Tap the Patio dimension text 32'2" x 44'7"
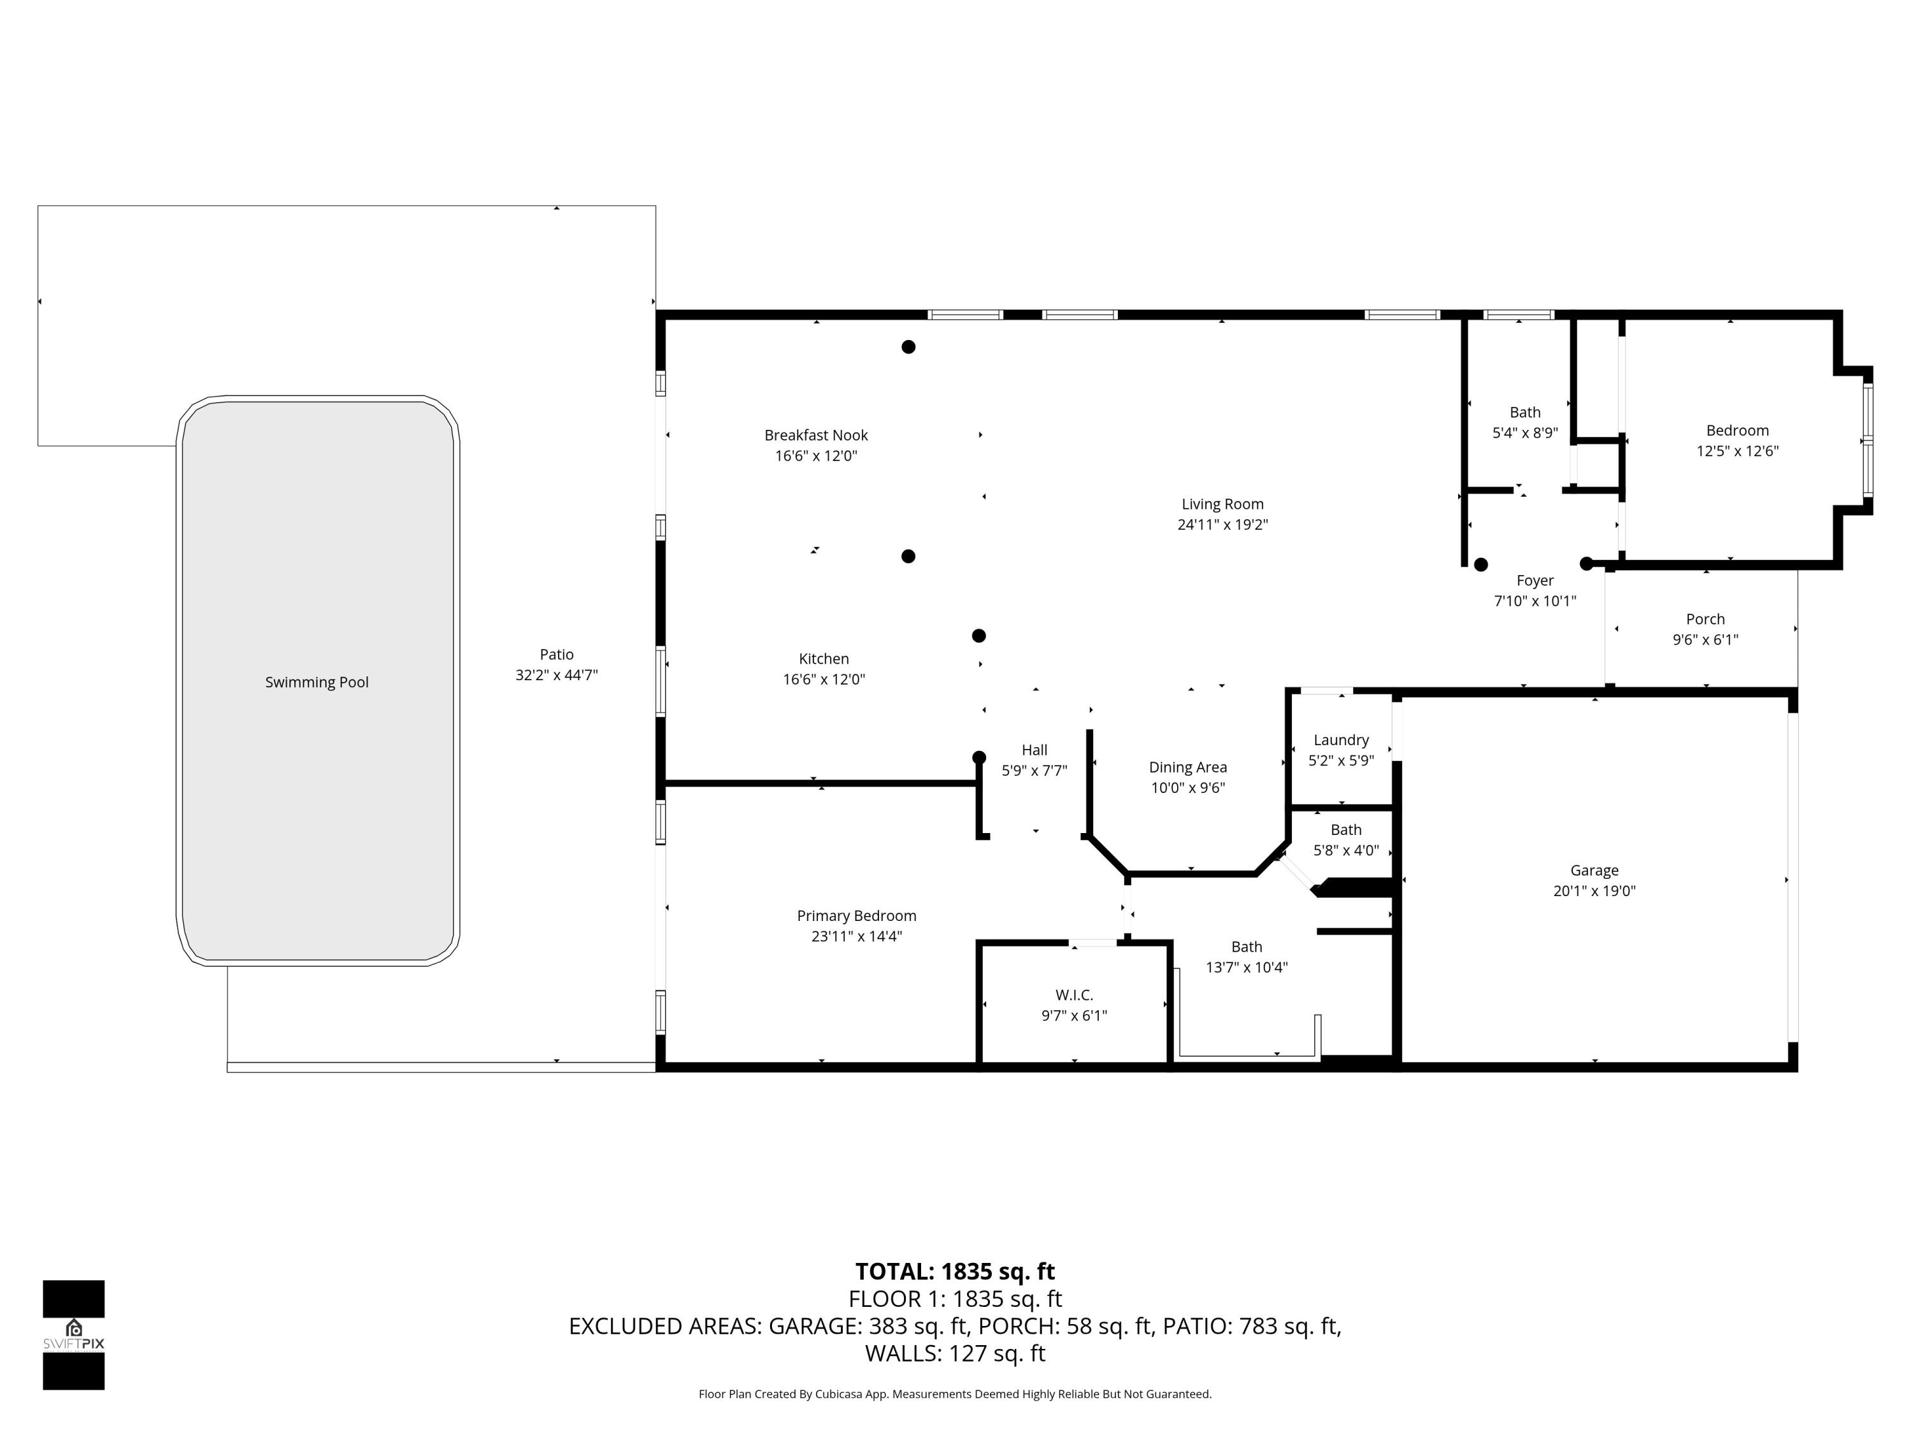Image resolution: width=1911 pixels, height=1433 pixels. pos(556,676)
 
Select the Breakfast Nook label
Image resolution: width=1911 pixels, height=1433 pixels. pos(815,436)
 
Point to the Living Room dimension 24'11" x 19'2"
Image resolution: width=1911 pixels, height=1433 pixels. pos(1222,524)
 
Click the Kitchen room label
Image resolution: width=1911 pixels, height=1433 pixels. pos(823,659)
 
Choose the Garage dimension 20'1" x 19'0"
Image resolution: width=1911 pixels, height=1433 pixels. pos(1594,892)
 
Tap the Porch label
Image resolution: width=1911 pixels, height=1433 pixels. pos(1705,619)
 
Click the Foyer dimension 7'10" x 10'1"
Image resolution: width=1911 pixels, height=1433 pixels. pos(1535,601)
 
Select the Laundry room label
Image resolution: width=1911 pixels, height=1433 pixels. pos(1341,740)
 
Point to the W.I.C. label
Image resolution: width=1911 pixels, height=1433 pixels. pos(1074,995)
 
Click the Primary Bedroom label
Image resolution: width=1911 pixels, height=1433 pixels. pos(856,916)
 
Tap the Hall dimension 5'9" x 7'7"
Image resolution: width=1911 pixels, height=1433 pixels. pos(1034,771)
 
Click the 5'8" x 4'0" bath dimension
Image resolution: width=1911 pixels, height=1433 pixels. pos(1346,851)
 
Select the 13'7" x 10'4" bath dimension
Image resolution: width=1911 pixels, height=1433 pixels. pos(1247,967)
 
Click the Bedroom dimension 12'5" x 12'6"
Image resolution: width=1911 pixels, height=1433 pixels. pos(1736,451)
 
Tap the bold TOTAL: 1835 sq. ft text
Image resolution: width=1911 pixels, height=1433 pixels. pos(955,1271)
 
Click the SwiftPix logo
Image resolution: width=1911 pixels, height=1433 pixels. pos(73,1334)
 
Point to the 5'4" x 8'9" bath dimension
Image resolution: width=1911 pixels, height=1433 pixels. pos(1525,432)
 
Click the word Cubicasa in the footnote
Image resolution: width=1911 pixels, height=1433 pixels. pos(837,1394)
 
